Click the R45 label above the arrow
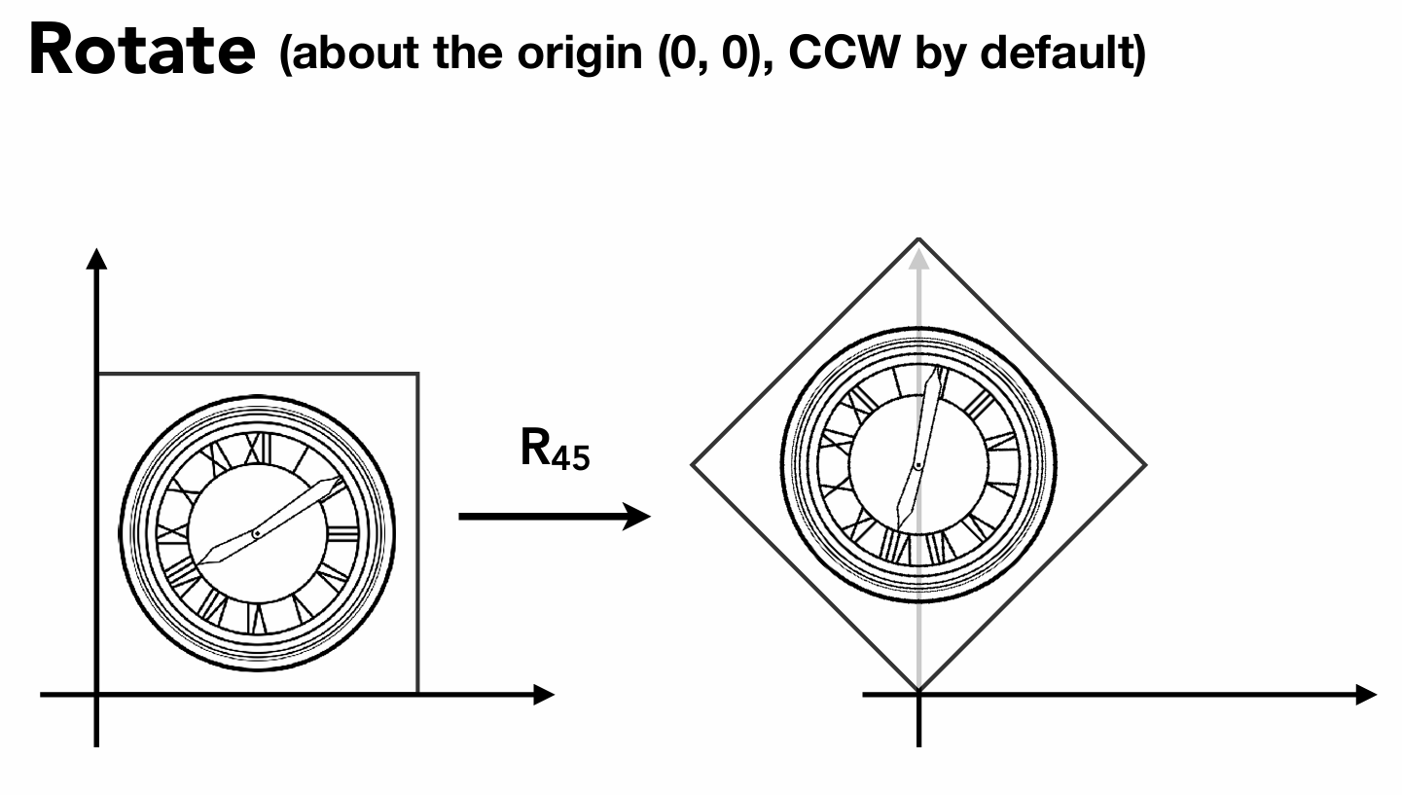[554, 450]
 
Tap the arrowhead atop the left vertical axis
[95, 258]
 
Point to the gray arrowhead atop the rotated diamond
[917, 255]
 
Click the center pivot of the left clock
[256, 533]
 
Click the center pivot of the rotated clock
[917, 465]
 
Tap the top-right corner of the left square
[418, 373]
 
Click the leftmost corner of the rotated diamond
[692, 464]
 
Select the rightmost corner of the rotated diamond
[1146, 464]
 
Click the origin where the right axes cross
[918, 694]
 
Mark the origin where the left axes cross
[96, 694]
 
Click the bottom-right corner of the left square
[418, 693]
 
